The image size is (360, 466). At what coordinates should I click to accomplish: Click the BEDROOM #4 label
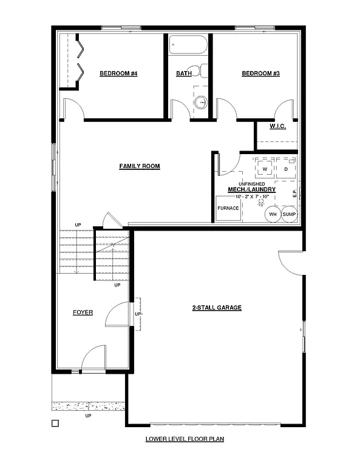119,74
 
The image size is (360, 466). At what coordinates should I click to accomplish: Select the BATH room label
184,74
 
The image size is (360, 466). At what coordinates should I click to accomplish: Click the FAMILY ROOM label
140,166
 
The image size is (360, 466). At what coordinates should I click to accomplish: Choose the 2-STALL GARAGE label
217,308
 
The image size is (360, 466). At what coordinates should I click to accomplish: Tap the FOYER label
83,312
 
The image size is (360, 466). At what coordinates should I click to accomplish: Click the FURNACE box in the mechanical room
228,208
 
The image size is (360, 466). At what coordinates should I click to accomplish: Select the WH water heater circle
273,214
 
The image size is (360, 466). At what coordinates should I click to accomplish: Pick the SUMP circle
289,214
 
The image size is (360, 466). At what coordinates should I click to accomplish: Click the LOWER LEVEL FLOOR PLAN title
180,439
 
